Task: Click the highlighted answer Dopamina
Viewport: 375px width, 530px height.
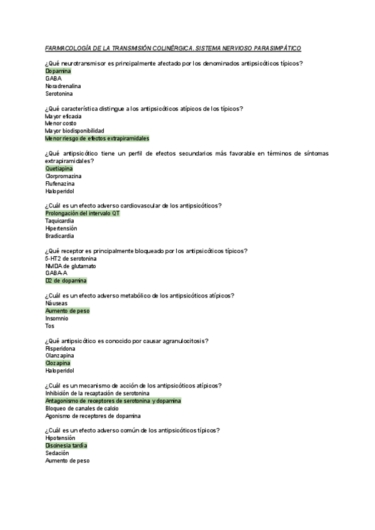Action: tap(57, 71)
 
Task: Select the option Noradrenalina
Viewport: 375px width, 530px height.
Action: tap(62, 86)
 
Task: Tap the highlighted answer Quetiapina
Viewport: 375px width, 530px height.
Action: tap(59, 169)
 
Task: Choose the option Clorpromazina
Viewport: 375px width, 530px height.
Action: tap(64, 176)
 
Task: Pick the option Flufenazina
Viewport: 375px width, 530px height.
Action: tap(61, 184)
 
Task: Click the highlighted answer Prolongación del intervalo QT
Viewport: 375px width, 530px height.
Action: tap(82, 214)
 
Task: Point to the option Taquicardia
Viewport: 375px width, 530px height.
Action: tap(59, 221)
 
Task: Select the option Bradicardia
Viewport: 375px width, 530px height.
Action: tap(59, 236)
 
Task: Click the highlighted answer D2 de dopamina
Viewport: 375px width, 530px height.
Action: tap(66, 281)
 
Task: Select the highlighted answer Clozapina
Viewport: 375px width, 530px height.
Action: tap(57, 363)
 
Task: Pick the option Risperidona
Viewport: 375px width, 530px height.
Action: tap(61, 348)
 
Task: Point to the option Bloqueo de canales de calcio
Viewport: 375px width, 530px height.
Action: tap(82, 408)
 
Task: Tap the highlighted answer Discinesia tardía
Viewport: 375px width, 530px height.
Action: tap(66, 446)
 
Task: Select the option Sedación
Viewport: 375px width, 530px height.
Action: tap(57, 453)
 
